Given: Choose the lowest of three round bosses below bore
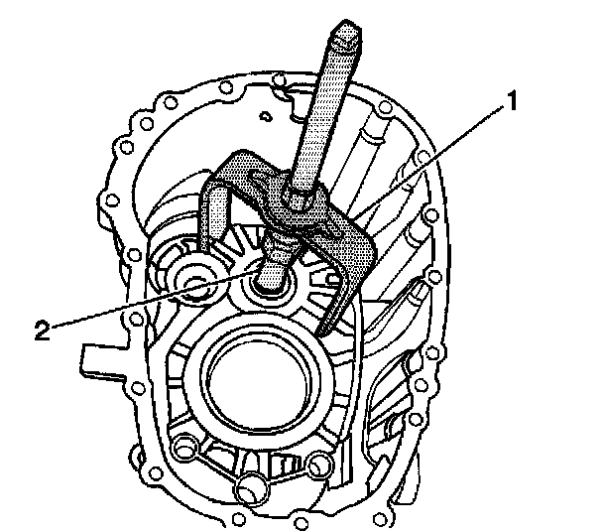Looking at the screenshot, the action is click(250, 487).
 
